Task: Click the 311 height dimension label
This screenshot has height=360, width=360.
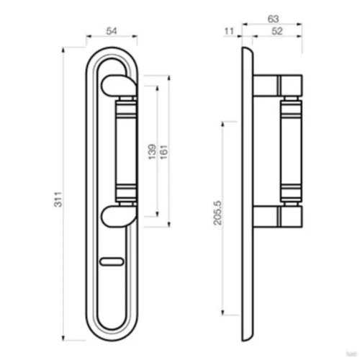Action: click(x=58, y=199)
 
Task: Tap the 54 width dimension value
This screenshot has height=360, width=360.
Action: click(x=112, y=31)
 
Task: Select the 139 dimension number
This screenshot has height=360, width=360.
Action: click(x=152, y=152)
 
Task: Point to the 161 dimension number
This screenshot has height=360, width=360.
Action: click(x=164, y=152)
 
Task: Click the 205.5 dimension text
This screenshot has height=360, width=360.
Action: click(x=217, y=213)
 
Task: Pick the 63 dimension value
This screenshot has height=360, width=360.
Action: click(x=273, y=19)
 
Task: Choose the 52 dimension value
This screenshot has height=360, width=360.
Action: click(x=277, y=31)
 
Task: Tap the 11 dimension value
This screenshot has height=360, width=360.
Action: click(x=229, y=31)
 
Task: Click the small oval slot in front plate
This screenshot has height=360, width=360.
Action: click(x=112, y=261)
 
